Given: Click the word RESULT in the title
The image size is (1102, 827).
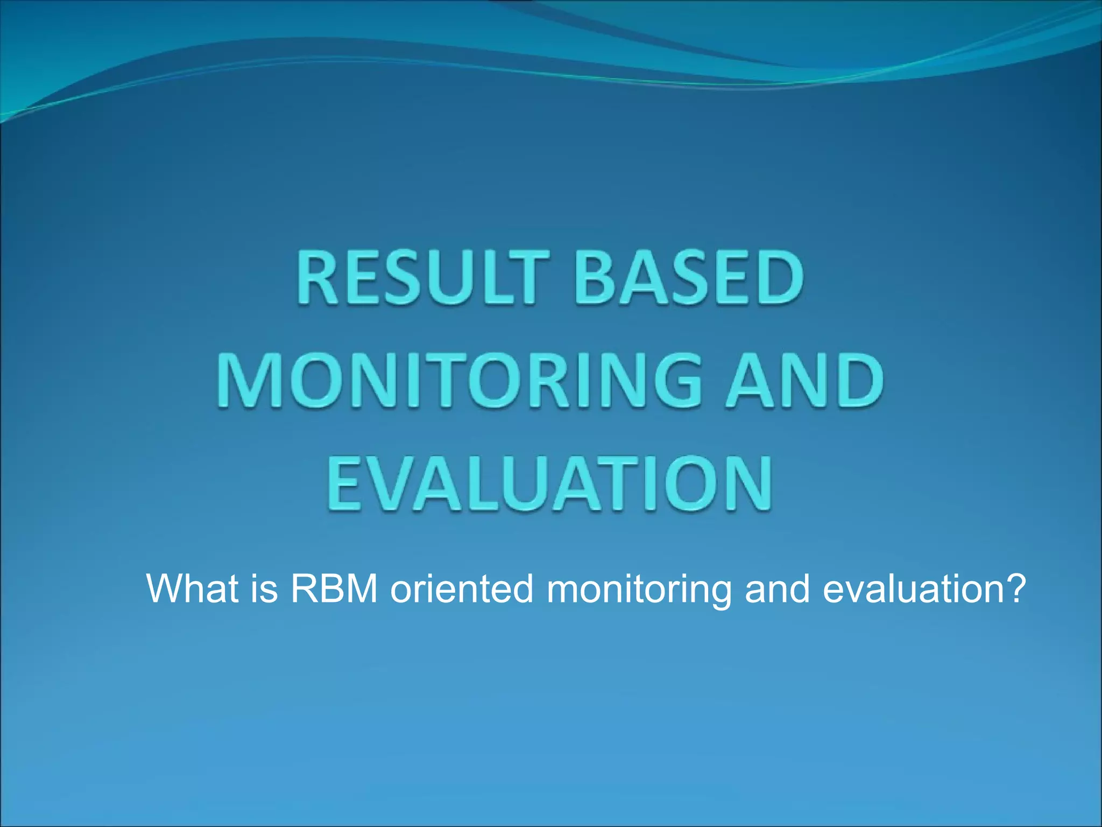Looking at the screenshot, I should (422, 279).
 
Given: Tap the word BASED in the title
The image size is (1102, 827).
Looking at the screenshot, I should (690, 279).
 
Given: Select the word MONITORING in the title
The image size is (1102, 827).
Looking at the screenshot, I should (460, 381).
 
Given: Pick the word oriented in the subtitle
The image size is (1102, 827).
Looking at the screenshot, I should (462, 588).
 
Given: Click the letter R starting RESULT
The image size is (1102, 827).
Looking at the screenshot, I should (317, 279).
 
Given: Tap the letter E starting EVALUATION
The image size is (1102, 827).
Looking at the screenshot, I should (344, 483).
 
